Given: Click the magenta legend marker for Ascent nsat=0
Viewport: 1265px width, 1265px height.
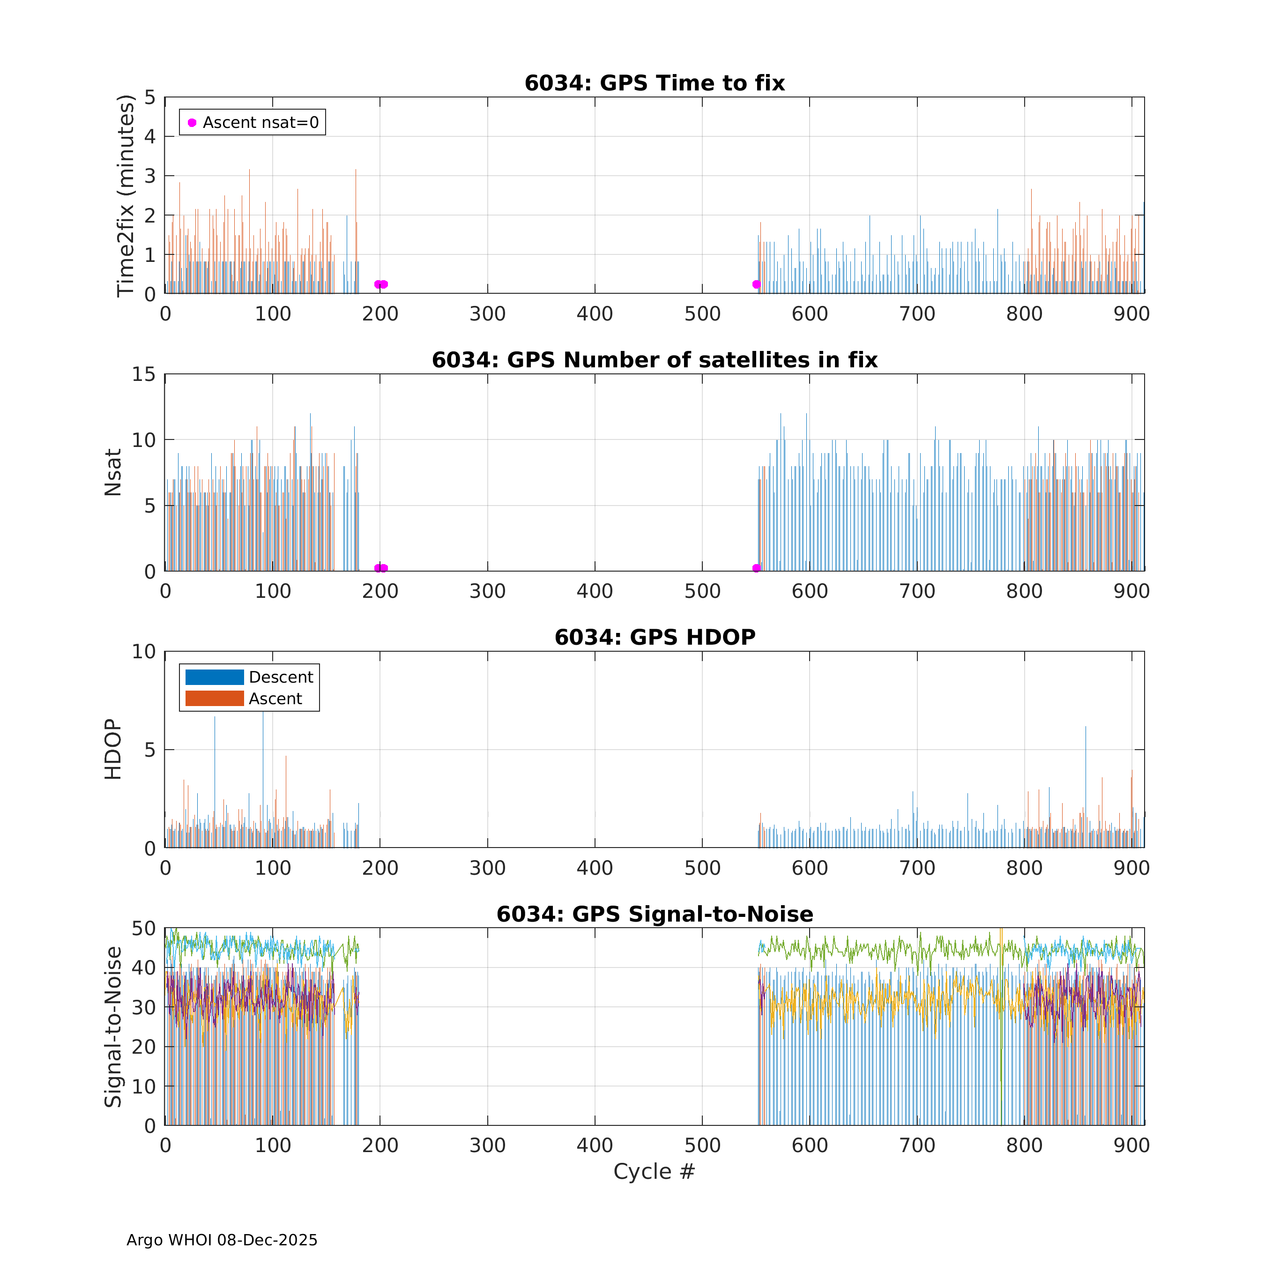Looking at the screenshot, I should pyautogui.click(x=192, y=122).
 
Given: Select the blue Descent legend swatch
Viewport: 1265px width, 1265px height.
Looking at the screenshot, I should pyautogui.click(x=214, y=677).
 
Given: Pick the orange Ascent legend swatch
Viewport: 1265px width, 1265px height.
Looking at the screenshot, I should pyautogui.click(x=214, y=699).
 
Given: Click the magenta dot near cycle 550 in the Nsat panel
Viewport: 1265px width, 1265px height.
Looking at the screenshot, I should pyautogui.click(x=756, y=568).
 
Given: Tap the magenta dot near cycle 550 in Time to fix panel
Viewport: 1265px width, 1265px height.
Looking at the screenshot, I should pyautogui.click(x=756, y=284).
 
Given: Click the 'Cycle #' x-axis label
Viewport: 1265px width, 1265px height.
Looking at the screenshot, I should pyautogui.click(x=654, y=1171).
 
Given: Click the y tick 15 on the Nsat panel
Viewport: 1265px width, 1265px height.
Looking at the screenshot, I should pyautogui.click(x=144, y=374).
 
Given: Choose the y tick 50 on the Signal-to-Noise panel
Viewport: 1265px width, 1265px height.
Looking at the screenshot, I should pyautogui.click(x=144, y=929).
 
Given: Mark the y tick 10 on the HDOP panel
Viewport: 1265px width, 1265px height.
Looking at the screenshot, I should pyautogui.click(x=144, y=652).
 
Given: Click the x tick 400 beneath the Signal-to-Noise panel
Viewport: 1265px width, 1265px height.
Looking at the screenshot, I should pyautogui.click(x=595, y=1145).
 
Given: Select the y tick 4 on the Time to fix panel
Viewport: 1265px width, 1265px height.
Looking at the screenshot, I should pyautogui.click(x=150, y=137).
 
